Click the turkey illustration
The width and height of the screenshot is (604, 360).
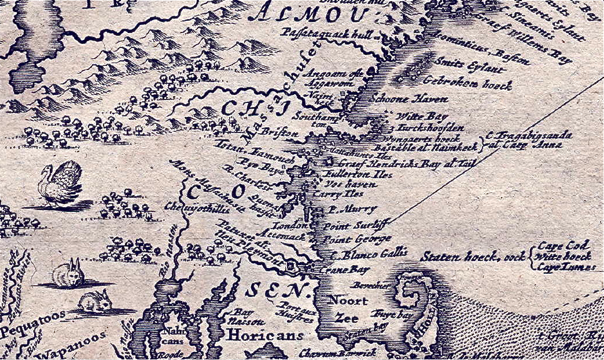61,183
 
